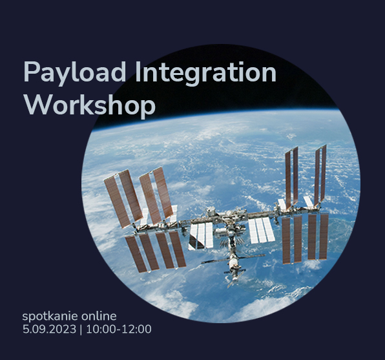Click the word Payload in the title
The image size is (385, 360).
pyautogui.click(x=75, y=72)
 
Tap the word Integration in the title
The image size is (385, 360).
pyautogui.click(x=206, y=72)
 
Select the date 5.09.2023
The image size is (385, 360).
pyautogui.click(x=49, y=329)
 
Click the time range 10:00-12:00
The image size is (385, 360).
pyautogui.click(x=119, y=329)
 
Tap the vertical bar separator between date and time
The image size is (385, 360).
pyautogui.click(x=81, y=330)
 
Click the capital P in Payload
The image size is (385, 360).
pyautogui.click(x=31, y=72)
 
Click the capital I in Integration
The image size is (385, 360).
pyautogui.click(x=137, y=72)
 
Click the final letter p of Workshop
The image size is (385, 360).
pyautogui.click(x=148, y=109)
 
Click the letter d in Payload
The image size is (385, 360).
pyautogui.click(x=118, y=72)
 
